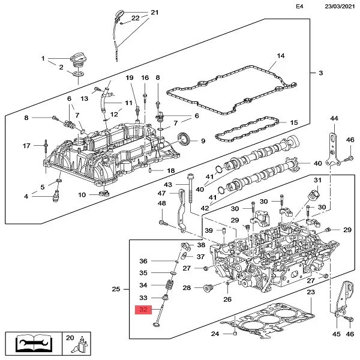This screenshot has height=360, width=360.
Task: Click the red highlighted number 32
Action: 143,310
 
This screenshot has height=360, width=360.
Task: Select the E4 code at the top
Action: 299,7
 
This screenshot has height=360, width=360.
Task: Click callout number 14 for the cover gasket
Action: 280,57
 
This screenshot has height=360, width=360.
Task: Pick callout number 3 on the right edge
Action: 320,73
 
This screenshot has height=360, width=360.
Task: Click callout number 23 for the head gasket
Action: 310,292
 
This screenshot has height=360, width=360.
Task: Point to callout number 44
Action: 334,119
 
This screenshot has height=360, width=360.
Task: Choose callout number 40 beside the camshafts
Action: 318,164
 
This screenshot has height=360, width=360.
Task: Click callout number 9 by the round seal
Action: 203,142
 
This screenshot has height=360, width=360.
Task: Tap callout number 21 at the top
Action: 154,12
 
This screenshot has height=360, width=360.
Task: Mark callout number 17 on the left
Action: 26,146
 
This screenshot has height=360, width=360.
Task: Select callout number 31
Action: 318,181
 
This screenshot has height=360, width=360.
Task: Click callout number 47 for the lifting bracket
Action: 161,193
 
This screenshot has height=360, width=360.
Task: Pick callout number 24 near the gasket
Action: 215,334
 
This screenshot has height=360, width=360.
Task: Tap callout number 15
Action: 293,123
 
